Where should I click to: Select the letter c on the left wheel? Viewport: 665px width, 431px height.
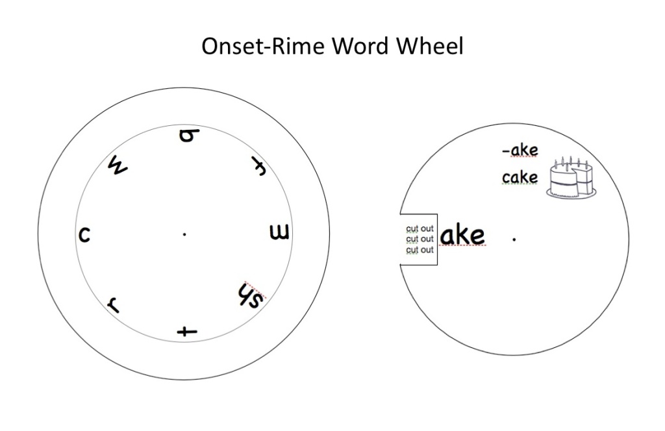(84, 234)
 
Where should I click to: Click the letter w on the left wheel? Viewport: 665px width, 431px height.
(118, 167)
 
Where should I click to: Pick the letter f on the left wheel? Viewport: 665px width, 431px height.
(255, 167)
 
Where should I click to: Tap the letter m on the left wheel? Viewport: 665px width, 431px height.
(279, 232)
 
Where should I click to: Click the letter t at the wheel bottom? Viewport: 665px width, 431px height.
(187, 331)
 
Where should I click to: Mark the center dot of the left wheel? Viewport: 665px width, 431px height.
(184, 234)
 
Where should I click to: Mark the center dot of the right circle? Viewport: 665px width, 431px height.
(514, 240)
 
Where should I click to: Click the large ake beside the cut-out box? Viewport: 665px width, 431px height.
(462, 236)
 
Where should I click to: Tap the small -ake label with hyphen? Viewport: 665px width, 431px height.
(520, 151)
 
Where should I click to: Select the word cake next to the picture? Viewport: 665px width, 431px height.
(520, 177)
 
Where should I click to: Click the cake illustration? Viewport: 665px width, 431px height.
(572, 179)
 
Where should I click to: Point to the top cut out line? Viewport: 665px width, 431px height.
(420, 228)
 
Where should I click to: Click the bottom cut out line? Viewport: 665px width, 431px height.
(420, 250)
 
